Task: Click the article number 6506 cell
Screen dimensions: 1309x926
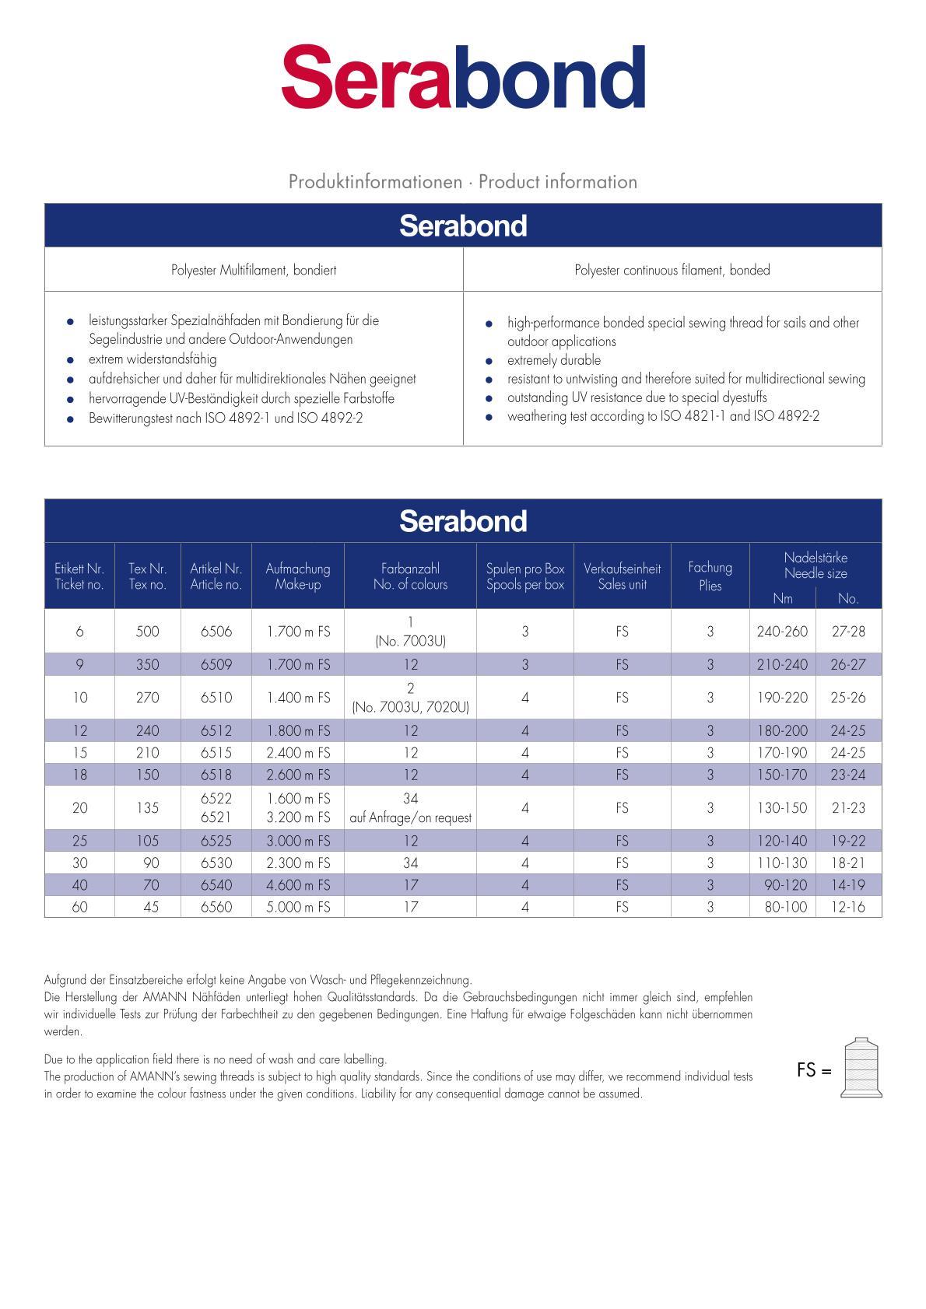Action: click(x=216, y=632)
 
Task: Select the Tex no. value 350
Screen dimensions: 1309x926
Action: click(x=147, y=665)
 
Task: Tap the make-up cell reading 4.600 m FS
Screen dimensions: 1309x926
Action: click(x=298, y=885)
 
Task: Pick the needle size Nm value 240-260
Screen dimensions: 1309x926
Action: click(x=782, y=632)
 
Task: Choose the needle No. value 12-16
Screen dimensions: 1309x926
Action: click(x=848, y=907)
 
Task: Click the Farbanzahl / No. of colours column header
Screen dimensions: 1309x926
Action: click(x=410, y=576)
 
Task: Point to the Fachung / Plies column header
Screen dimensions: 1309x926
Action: click(x=710, y=576)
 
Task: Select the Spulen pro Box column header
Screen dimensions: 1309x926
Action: click(x=525, y=576)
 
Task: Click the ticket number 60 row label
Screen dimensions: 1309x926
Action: click(x=79, y=907)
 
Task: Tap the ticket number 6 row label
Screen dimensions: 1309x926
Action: click(x=79, y=632)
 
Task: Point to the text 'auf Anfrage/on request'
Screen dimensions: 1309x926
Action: click(x=410, y=818)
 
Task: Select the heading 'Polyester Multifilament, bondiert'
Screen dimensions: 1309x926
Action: click(x=254, y=270)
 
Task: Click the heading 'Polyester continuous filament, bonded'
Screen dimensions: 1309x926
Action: click(x=672, y=270)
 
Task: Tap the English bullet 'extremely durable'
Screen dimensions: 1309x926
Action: click(x=553, y=360)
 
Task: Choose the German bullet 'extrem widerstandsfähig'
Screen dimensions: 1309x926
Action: click(x=153, y=359)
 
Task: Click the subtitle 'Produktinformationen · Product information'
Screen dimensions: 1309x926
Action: click(x=463, y=182)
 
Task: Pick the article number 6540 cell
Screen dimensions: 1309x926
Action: click(x=216, y=885)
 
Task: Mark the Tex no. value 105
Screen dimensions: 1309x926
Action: click(x=147, y=841)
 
